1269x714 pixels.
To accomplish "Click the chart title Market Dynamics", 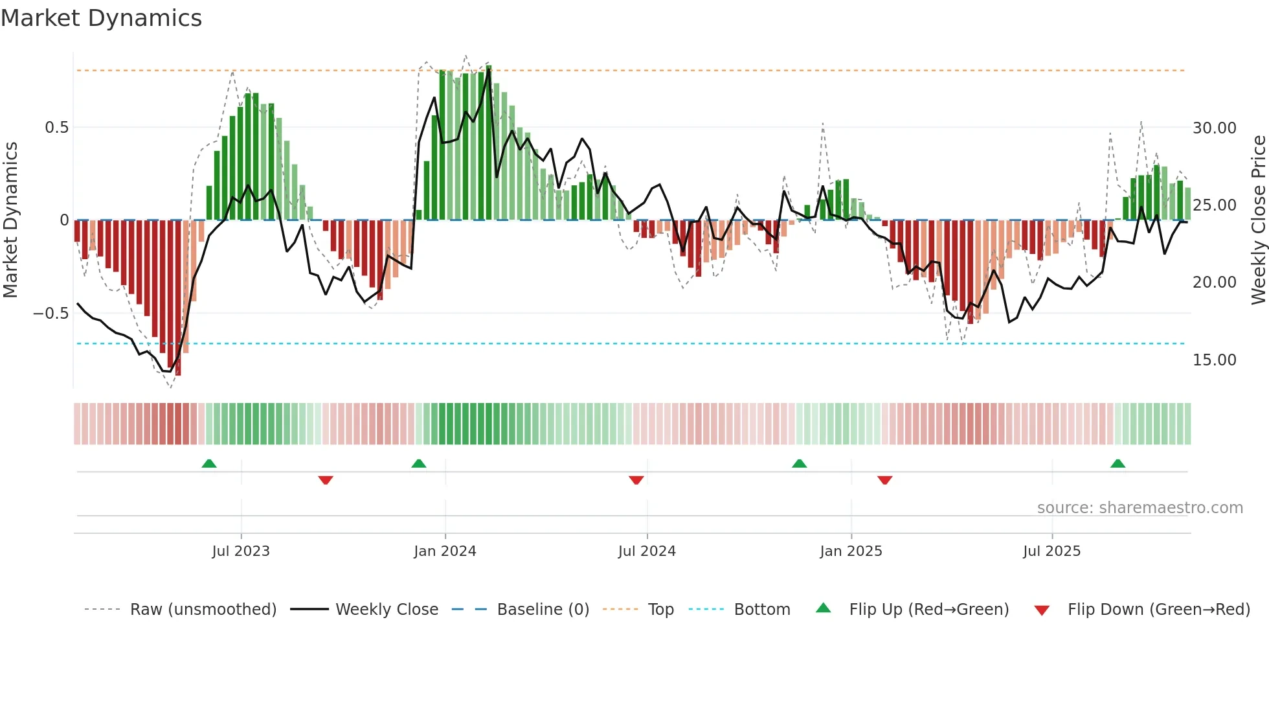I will [x=101, y=18].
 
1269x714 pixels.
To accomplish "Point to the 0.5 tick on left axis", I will [x=56, y=128].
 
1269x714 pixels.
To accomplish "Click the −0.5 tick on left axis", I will [x=51, y=314].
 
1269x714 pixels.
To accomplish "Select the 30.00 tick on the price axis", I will [x=1214, y=128].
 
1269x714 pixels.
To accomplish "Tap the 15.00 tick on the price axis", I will [x=1214, y=360].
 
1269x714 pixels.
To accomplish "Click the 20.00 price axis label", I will [x=1214, y=282].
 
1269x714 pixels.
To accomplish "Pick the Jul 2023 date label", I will [x=241, y=551].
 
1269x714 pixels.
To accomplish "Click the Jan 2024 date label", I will [x=445, y=551].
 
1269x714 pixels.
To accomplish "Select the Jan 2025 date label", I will [x=851, y=551].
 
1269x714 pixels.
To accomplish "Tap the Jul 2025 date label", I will [x=1051, y=551].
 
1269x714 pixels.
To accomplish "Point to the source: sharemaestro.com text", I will [x=1140, y=508].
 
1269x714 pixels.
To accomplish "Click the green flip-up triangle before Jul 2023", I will [x=208, y=464].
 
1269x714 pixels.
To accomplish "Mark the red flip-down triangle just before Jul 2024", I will [x=636, y=479].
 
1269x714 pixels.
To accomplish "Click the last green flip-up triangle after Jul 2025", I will [x=1117, y=464].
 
